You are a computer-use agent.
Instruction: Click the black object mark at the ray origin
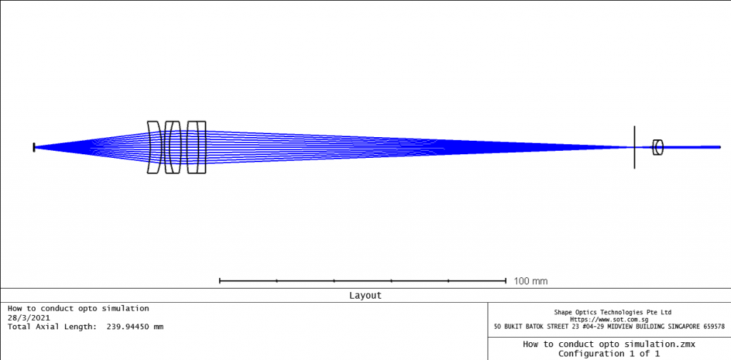tap(34, 147)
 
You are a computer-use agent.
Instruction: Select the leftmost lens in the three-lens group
tap(153, 147)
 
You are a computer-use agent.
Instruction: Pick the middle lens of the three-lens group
tap(172, 147)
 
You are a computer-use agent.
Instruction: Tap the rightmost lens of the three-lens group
tap(196, 147)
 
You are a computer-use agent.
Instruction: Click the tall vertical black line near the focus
tap(634, 147)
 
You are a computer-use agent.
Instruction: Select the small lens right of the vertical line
tap(658, 147)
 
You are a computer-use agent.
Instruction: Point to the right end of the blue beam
tap(719, 147)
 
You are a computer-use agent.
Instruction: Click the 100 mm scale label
tap(530, 281)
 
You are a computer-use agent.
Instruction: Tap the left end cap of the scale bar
tap(220, 281)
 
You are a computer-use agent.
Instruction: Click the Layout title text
tap(365, 295)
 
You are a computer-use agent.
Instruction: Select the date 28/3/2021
tap(29, 317)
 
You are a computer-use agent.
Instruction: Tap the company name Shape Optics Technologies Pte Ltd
tap(612, 312)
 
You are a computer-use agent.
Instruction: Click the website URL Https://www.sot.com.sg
tap(612, 319)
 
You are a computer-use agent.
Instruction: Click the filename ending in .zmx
tap(609, 344)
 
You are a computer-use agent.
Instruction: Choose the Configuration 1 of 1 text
tap(609, 354)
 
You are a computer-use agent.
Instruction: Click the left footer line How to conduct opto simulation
tap(79, 309)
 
